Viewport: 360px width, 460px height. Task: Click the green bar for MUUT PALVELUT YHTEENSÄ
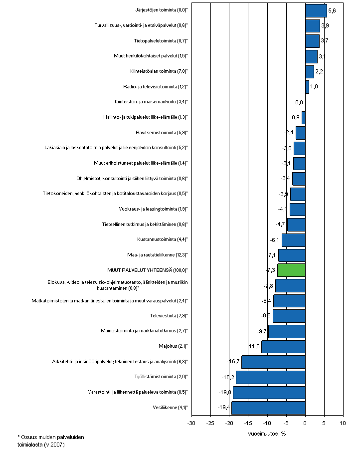tap(291, 270)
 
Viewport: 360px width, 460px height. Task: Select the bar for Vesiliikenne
tap(268, 408)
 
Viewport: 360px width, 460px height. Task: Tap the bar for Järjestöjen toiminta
tap(316, 10)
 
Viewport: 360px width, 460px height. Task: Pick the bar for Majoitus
tap(283, 347)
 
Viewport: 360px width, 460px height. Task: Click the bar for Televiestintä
tap(289, 316)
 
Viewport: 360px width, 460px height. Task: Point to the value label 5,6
tap(332, 10)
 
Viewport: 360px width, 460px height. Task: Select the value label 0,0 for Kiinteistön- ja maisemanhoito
tap(299, 103)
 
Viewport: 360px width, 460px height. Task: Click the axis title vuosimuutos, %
tap(266, 433)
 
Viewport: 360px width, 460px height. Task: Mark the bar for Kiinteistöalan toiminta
tap(310, 72)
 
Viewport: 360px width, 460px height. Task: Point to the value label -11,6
tap(254, 347)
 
